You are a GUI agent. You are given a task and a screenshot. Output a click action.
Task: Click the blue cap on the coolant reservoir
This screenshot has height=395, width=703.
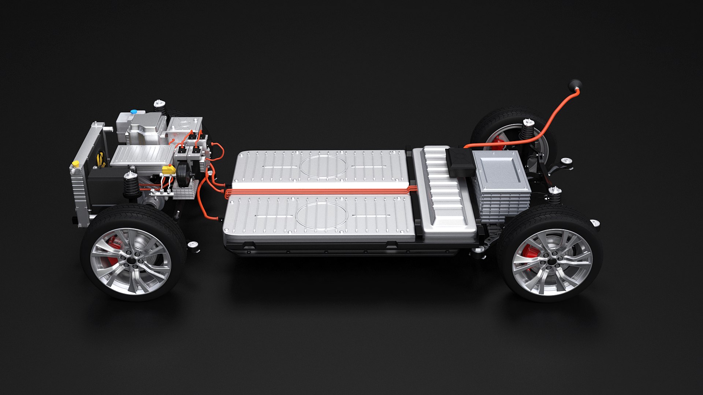134,111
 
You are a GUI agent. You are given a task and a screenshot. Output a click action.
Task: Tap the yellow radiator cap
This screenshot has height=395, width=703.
76,163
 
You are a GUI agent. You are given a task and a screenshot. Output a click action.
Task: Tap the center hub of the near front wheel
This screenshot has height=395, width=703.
131,261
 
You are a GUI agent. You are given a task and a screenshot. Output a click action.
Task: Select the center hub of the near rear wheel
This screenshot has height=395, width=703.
551,262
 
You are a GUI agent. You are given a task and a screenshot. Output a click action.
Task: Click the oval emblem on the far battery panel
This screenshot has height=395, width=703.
323,166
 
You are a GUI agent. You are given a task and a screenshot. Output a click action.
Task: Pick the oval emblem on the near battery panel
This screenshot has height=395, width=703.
322,216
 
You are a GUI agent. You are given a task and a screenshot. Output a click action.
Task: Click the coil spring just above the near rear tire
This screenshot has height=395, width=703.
554,197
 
